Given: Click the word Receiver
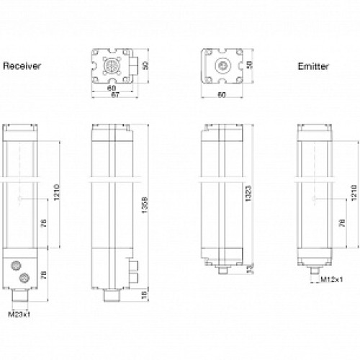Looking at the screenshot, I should (22, 66).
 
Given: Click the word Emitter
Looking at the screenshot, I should (313, 66).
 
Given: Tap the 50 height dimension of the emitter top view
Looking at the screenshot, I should (251, 65).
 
